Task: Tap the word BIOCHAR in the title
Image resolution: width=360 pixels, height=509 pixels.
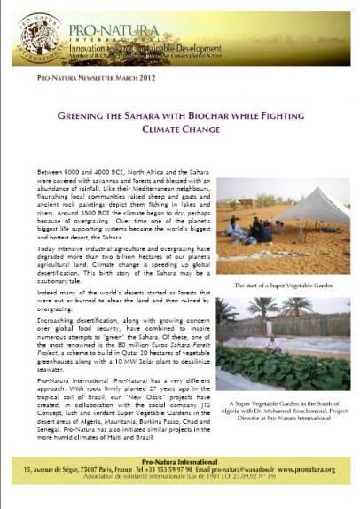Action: (x=211, y=115)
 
